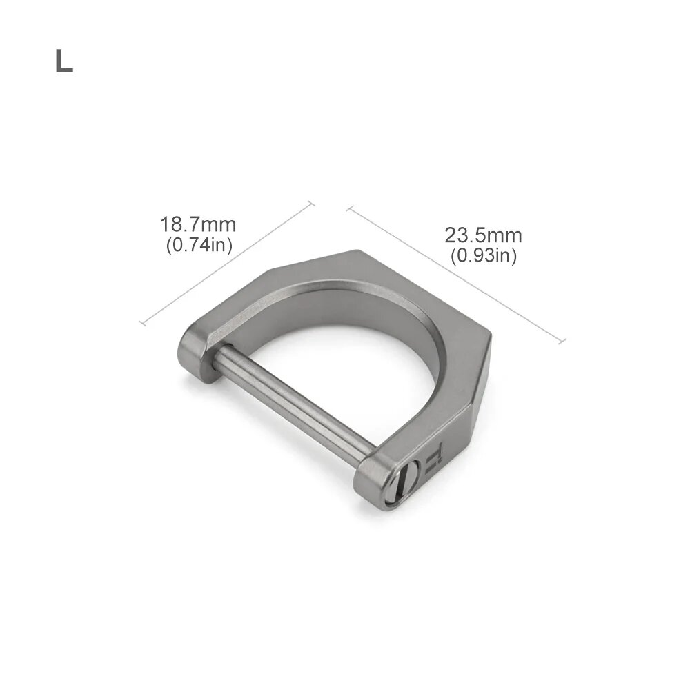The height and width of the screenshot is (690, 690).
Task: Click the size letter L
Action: (63, 61)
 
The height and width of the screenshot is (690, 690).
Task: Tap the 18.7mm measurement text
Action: (198, 224)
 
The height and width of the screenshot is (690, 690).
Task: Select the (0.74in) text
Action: (199, 245)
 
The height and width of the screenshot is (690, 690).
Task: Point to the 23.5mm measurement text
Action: (483, 235)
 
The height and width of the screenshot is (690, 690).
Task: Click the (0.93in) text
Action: (484, 255)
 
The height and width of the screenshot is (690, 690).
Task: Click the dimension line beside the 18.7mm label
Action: (227, 263)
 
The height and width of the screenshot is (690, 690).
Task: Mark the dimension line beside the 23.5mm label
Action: (456, 274)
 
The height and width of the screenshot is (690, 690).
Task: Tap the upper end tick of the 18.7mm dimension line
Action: (310, 204)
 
